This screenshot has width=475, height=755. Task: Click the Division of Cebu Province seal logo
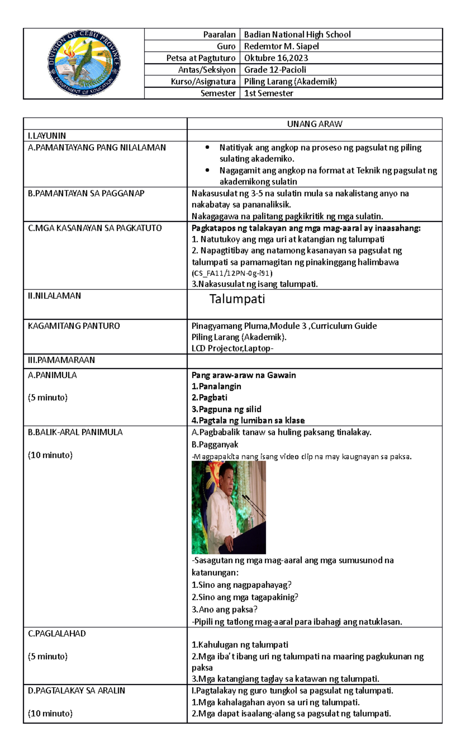pyautogui.click(x=84, y=63)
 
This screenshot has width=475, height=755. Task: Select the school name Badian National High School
pyautogui.click(x=297, y=34)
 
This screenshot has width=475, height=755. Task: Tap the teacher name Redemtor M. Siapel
pyautogui.click(x=281, y=46)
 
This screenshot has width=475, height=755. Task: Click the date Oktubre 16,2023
pyautogui.click(x=276, y=58)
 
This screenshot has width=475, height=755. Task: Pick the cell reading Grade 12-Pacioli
pyautogui.click(x=275, y=70)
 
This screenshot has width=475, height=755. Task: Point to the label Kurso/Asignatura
pyautogui.click(x=203, y=82)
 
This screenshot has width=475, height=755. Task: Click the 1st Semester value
pyautogui.click(x=269, y=93)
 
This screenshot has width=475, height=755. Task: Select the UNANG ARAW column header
pyautogui.click(x=315, y=124)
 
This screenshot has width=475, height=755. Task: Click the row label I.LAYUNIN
pyautogui.click(x=47, y=136)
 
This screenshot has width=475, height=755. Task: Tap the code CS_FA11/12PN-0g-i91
pyautogui.click(x=232, y=273)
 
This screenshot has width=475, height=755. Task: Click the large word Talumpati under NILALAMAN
pyautogui.click(x=237, y=299)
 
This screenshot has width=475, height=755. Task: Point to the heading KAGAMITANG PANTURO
pyautogui.click(x=74, y=326)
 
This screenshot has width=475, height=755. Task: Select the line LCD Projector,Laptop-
pyautogui.click(x=232, y=349)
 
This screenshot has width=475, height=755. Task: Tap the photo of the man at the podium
pyautogui.click(x=229, y=507)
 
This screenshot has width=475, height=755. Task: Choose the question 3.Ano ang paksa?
pyautogui.click(x=224, y=610)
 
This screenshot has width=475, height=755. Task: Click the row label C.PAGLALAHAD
pyautogui.click(x=57, y=634)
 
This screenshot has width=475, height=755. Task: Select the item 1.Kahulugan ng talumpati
pyautogui.click(x=240, y=645)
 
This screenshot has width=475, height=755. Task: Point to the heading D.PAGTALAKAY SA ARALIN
pyautogui.click(x=76, y=691)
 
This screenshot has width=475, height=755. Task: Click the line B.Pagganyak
pyautogui.click(x=215, y=445)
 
